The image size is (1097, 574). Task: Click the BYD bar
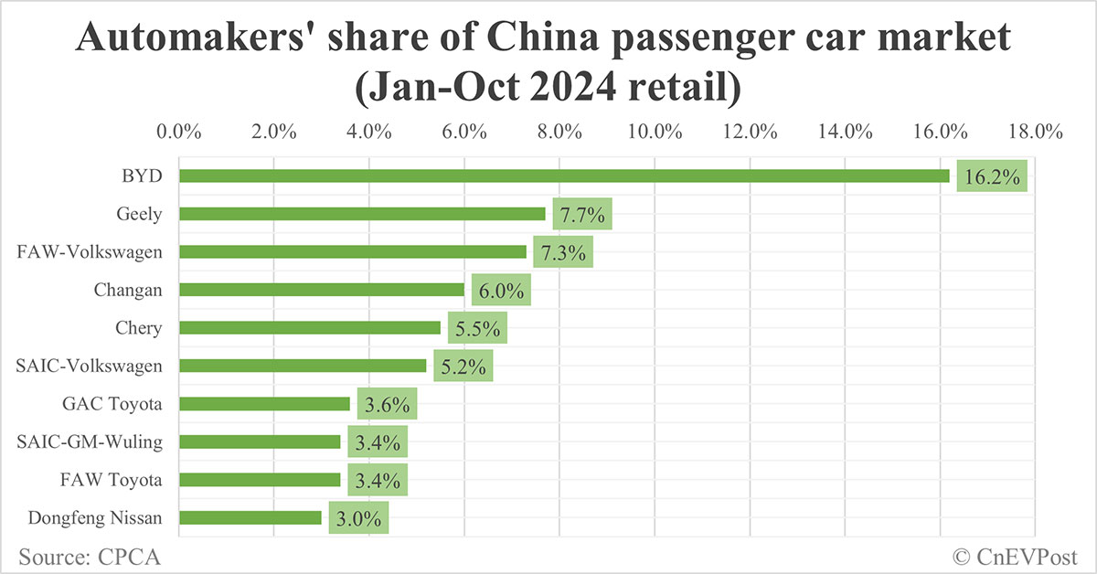click(564, 175)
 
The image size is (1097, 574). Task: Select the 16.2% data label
click(992, 176)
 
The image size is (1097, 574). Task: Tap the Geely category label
click(139, 214)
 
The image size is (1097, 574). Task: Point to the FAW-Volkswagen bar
click(353, 251)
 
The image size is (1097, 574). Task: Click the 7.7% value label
click(581, 215)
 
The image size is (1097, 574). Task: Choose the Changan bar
click(322, 290)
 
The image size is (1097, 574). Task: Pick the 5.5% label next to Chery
click(477, 328)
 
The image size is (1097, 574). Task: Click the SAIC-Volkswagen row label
click(90, 366)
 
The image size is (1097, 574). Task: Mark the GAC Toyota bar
click(264, 404)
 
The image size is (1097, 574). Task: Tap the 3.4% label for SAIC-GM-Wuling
click(377, 442)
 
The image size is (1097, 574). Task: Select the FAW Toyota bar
click(260, 480)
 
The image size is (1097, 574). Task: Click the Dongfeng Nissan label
click(94, 518)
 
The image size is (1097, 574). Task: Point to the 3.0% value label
click(358, 518)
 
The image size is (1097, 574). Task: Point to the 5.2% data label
click(463, 367)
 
